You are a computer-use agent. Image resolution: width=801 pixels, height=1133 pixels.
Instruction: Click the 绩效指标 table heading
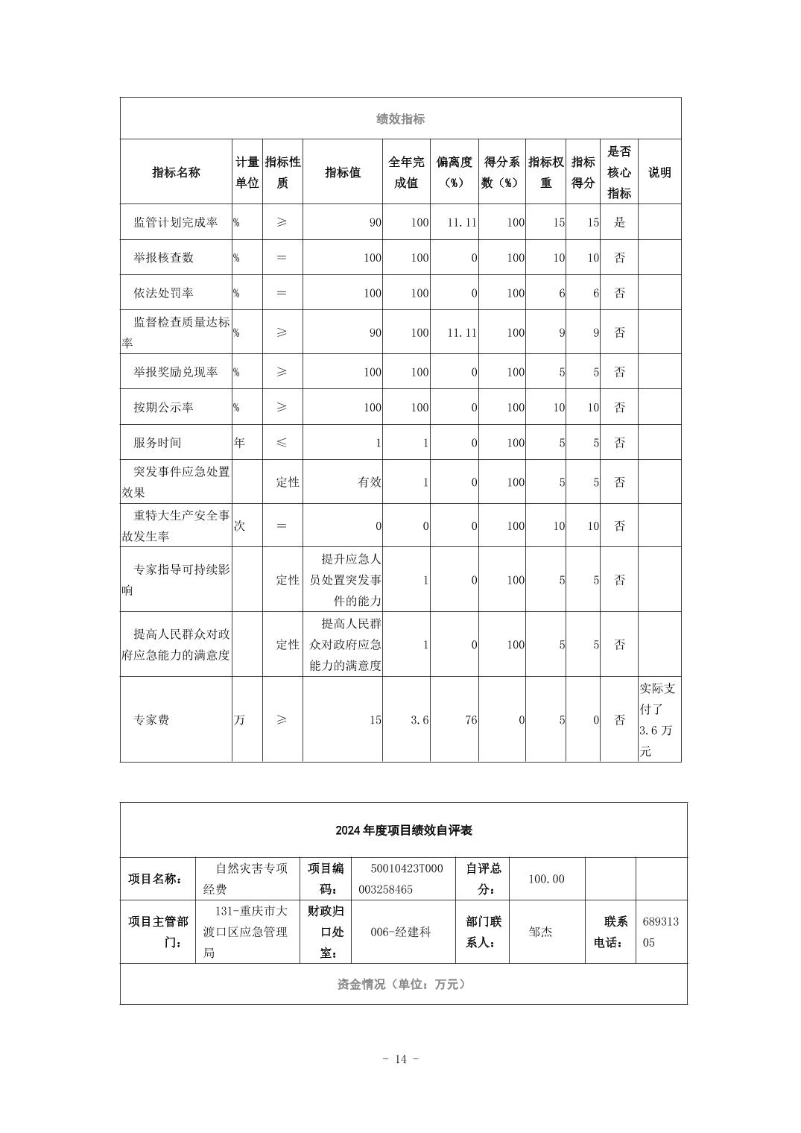[400, 119]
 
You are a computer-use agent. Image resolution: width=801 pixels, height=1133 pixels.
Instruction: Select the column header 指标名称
[176, 172]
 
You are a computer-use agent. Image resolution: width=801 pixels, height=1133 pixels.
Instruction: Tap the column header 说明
[659, 172]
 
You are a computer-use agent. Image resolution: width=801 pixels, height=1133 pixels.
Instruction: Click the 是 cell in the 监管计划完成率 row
[619, 222]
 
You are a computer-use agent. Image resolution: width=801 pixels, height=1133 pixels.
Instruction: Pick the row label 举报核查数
[163, 258]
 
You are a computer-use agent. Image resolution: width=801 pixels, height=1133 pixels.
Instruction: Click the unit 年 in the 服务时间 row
[239, 443]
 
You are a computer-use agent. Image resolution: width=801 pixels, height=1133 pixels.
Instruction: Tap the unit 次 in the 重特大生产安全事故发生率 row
[239, 526]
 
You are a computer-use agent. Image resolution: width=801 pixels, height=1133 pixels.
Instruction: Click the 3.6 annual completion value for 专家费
[420, 720]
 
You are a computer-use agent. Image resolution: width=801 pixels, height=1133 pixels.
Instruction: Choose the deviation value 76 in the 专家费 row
[470, 720]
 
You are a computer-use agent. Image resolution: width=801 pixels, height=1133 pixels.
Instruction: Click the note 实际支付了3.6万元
[659, 719]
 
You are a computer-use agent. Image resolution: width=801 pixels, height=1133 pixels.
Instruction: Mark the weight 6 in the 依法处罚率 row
[562, 293]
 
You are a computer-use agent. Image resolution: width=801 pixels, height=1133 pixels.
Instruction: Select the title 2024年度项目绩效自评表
[403, 830]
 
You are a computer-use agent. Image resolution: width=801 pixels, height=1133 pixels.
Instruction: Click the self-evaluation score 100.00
[546, 880]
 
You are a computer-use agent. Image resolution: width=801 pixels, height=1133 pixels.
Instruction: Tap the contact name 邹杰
[540, 932]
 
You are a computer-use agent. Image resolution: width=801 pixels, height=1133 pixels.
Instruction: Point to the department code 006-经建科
[401, 932]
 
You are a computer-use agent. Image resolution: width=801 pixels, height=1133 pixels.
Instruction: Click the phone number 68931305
[660, 932]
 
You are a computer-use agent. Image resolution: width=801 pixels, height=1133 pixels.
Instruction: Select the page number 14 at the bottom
[400, 1059]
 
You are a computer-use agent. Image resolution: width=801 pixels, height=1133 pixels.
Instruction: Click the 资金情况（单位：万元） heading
[402, 985]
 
